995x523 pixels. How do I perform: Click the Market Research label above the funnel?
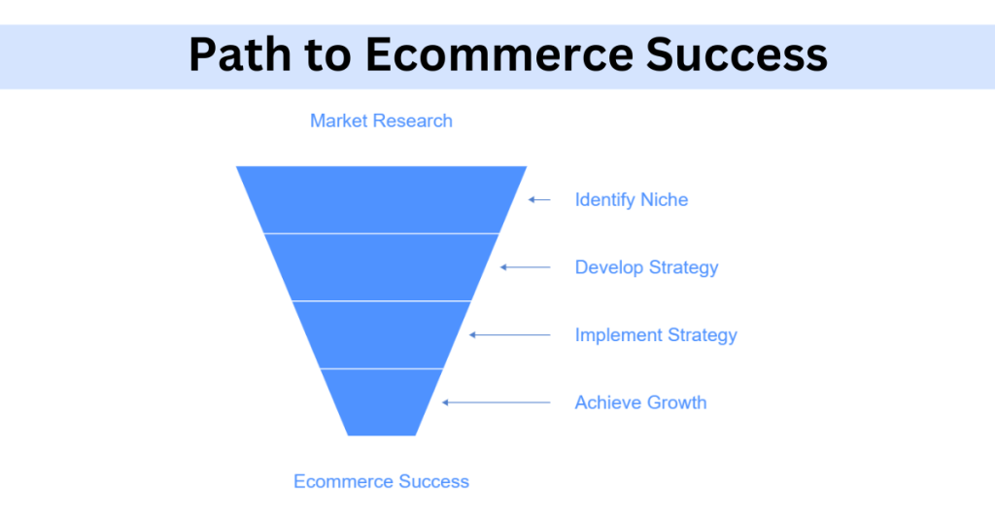click(381, 122)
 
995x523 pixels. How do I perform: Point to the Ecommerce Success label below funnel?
click(381, 481)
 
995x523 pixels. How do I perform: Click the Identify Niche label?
click(632, 200)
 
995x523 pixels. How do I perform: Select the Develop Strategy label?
click(646, 267)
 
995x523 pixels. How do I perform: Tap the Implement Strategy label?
click(656, 335)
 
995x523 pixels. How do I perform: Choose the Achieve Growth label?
click(640, 402)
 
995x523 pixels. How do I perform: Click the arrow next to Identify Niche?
click(539, 200)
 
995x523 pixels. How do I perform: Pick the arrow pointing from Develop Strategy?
click(525, 267)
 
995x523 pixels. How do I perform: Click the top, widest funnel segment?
click(381, 200)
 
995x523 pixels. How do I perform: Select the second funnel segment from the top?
click(381, 267)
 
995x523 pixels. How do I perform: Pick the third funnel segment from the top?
click(381, 335)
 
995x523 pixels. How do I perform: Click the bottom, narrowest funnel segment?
click(381, 402)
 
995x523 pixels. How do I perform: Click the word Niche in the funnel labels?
click(664, 200)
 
